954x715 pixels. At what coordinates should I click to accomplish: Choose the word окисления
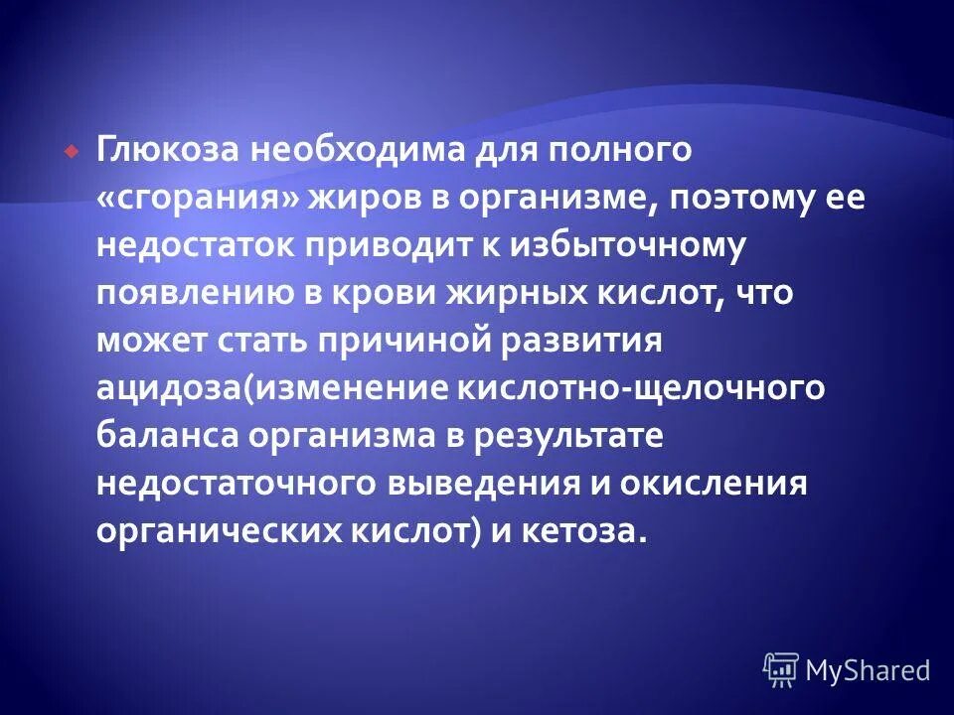[x=719, y=484]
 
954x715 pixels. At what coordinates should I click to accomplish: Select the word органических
[x=218, y=531]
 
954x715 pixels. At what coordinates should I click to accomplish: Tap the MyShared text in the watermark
[x=868, y=670]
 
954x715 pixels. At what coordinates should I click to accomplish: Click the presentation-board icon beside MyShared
[x=781, y=670]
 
